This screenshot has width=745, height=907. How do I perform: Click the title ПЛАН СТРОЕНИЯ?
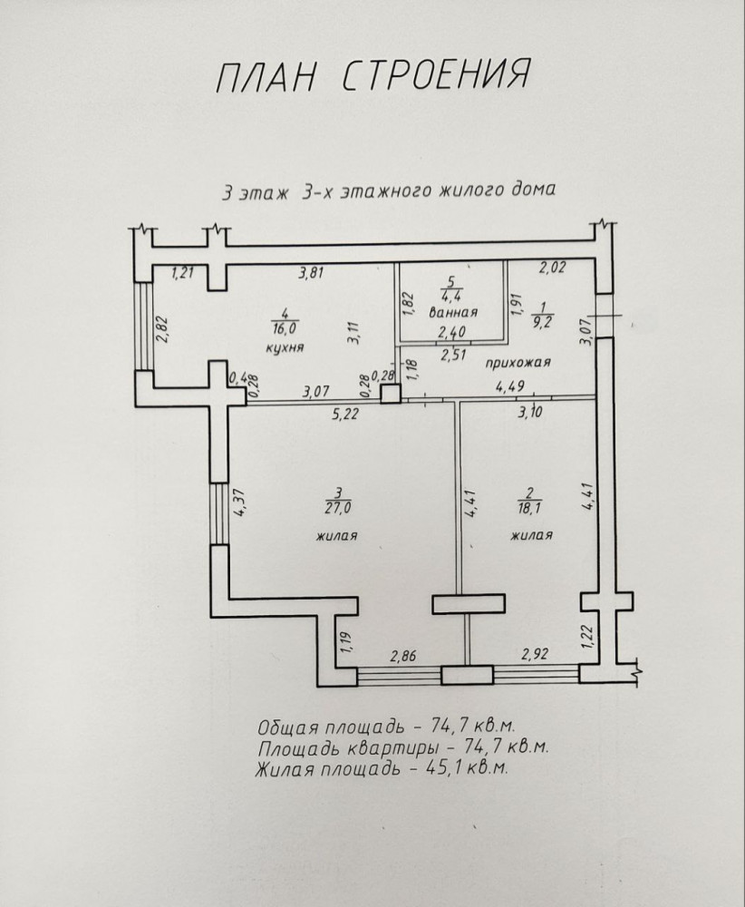[x=372, y=77]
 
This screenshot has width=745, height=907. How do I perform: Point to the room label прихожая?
[x=518, y=362]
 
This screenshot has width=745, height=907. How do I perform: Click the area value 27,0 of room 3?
[x=336, y=505]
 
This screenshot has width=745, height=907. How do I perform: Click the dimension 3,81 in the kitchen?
[x=312, y=270]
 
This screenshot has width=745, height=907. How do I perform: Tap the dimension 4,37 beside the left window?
[x=240, y=502]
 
